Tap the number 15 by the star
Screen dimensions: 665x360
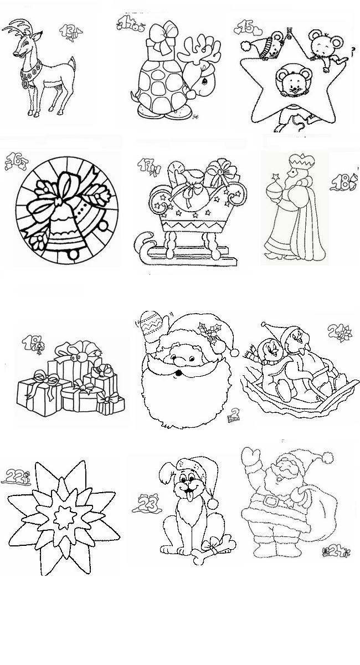point(244,26)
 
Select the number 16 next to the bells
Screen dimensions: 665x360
point(15,162)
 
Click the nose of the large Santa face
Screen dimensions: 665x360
point(178,362)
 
